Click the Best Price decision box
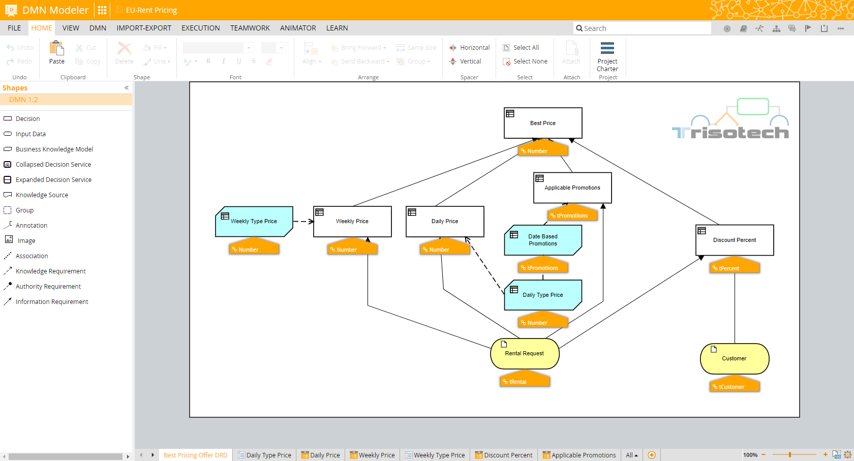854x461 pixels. [543, 123]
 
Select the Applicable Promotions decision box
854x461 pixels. [572, 188]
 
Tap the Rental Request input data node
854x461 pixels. [525, 354]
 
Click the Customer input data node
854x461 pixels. [735, 359]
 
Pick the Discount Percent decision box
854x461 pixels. [735, 240]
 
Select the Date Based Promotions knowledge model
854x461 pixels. [543, 240]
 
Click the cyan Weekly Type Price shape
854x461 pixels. [254, 222]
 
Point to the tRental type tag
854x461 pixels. [525, 382]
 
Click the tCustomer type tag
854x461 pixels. [735, 387]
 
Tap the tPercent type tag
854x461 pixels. [735, 268]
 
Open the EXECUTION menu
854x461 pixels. [201, 28]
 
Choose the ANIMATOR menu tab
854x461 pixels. [298, 28]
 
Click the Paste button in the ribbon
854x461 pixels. [57, 53]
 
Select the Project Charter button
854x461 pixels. [607, 57]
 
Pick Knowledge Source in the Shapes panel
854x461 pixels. [42, 195]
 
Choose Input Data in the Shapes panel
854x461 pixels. [30, 134]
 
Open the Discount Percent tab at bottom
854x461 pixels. [504, 455]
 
